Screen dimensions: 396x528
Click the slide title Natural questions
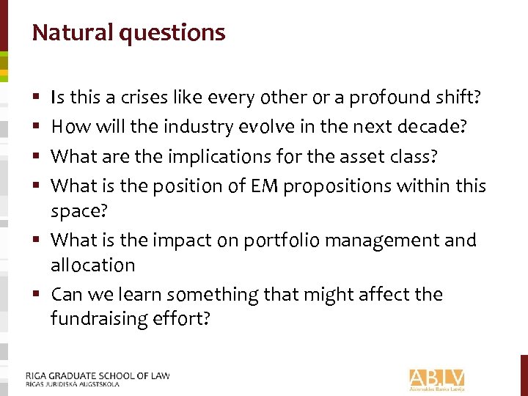[x=128, y=33]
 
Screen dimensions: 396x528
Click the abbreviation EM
[x=264, y=186]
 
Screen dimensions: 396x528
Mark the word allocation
[x=93, y=265]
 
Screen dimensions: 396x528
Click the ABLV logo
[x=437, y=379]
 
